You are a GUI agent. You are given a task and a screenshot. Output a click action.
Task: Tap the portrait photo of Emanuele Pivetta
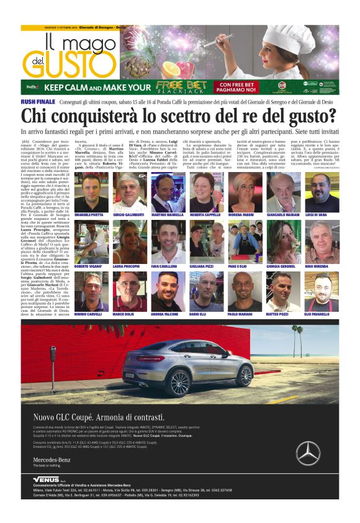89,192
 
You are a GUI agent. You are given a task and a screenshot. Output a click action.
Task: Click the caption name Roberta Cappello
207,214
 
